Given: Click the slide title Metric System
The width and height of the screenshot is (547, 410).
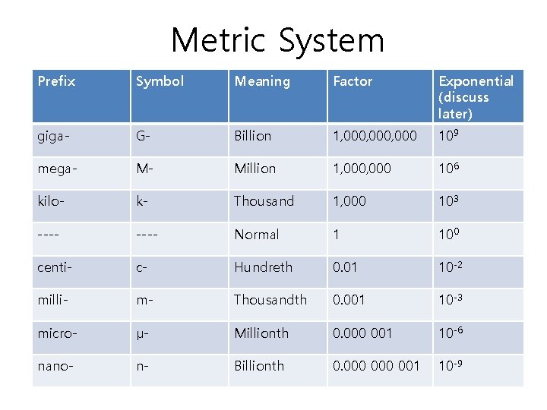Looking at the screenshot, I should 277,40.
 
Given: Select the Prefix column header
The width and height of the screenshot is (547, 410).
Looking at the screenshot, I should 56,81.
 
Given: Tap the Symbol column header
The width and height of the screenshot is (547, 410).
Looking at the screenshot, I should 160,81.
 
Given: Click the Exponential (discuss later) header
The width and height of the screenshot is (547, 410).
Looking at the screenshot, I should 476,97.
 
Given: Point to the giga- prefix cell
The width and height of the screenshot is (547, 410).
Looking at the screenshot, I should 54,137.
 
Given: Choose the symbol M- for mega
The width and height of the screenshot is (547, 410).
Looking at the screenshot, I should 144,169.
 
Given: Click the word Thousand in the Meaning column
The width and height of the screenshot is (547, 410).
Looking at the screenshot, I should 264,201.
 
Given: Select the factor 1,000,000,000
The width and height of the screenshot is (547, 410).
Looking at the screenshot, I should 375,137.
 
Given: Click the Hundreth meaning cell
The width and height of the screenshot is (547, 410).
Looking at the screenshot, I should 263,267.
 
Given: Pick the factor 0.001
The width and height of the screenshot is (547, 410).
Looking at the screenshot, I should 349,300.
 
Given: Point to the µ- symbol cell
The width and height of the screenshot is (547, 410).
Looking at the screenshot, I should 143,333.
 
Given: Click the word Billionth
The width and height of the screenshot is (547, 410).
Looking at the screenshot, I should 259,366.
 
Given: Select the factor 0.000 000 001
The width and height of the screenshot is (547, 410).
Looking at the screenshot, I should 376,366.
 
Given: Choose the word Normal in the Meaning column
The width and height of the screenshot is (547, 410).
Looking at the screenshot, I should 257,235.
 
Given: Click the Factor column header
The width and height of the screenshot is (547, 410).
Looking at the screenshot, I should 353,81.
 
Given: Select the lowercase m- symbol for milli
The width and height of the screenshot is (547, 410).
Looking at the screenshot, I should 144,300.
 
